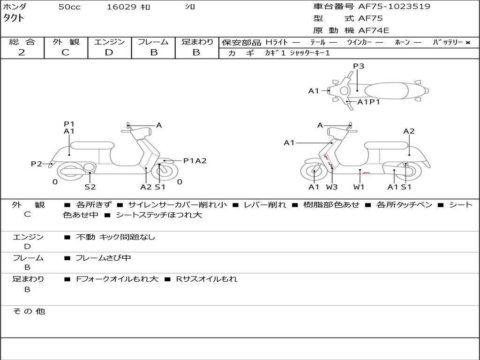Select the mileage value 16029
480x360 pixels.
coord(121,7)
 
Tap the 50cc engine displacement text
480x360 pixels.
coord(69,7)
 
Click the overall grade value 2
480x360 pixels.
coord(22,52)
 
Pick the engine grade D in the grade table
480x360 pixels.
coord(109,52)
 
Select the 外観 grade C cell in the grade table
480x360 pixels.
coord(65,52)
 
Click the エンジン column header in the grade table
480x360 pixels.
coord(109,42)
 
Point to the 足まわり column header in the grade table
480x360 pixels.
coord(197,42)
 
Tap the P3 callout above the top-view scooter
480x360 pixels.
coord(359,66)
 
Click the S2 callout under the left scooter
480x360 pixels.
coord(90,187)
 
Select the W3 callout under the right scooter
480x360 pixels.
coord(332,187)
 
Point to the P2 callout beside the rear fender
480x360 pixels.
coord(37,164)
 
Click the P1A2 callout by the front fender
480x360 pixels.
coord(195,161)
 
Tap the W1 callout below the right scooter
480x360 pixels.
coord(359,187)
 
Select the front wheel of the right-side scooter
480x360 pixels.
coord(313,172)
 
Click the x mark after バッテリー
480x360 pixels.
coord(467,42)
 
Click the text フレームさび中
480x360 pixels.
coord(103,258)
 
